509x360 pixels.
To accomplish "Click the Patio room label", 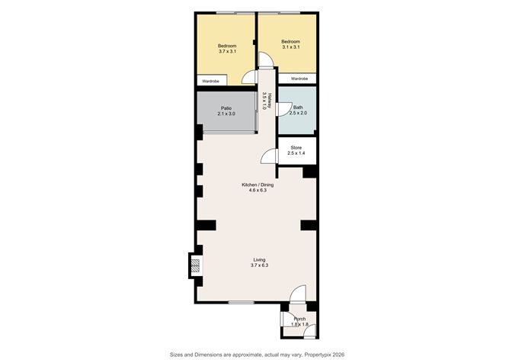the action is click(226, 108).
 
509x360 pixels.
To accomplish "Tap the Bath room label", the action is click(298, 108).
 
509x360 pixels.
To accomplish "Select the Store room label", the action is click(296, 147).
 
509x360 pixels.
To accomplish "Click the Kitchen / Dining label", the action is click(258, 185).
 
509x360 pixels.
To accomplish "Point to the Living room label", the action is click(259, 259).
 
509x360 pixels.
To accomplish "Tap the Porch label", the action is click(299, 319).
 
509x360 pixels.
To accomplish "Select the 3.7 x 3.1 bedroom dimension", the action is click(227, 51).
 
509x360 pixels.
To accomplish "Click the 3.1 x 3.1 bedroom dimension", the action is click(290, 47).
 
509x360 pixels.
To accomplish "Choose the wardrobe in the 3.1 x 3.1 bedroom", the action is click(297, 79).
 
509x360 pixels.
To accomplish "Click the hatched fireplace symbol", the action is click(195, 265).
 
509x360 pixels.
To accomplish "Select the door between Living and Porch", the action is click(298, 294).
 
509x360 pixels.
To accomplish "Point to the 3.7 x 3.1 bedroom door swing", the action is click(250, 77).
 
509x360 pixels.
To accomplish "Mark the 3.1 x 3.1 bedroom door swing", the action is click(266, 60).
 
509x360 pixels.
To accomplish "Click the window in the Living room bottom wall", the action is click(242, 302).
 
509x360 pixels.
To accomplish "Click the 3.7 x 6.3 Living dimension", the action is click(259, 265).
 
